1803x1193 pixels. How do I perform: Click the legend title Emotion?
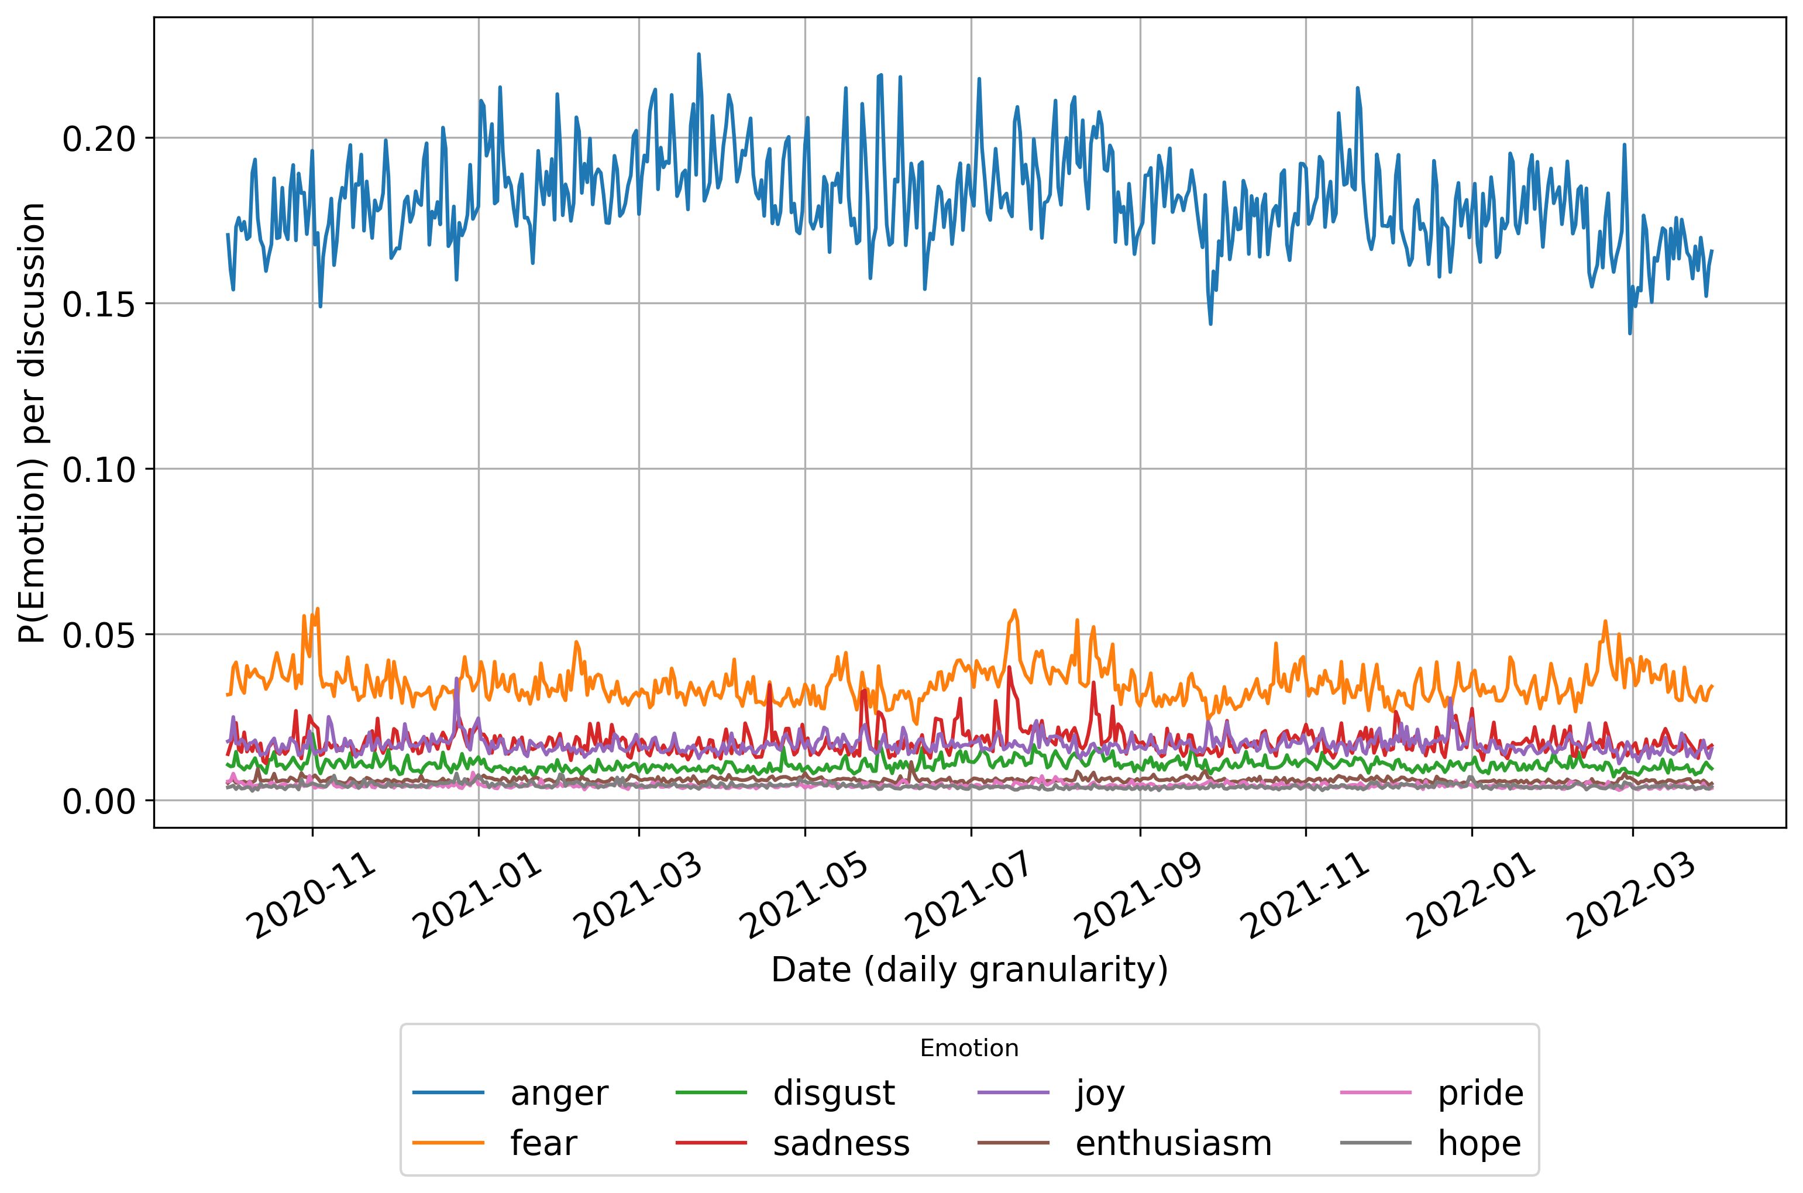[969, 1049]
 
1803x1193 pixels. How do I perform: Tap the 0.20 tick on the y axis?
[98, 139]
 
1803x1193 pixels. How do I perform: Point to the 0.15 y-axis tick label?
[98, 304]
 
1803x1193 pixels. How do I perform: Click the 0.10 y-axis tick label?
[98, 470]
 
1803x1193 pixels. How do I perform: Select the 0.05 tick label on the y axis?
[98, 635]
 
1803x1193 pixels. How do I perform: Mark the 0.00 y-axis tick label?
[98, 801]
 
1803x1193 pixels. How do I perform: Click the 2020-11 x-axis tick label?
[314, 898]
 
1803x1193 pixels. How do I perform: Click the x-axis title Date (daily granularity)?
[969, 970]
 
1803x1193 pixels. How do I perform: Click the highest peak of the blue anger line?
[699, 54]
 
